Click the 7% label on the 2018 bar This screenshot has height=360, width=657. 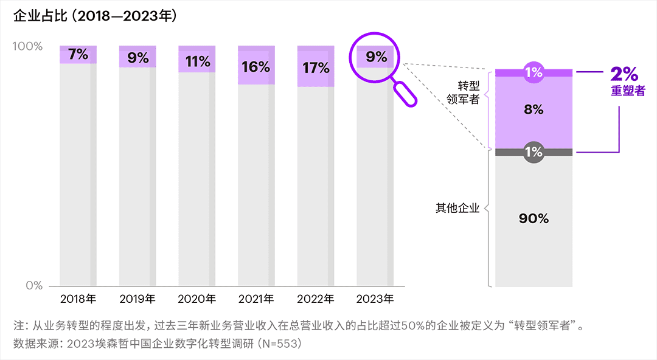click(x=78, y=54)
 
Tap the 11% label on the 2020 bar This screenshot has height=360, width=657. click(x=197, y=61)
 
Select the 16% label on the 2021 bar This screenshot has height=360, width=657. click(x=256, y=67)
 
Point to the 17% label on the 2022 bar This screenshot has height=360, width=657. click(x=316, y=67)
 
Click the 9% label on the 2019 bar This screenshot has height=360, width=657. click(x=138, y=58)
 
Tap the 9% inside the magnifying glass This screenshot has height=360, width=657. click(x=377, y=57)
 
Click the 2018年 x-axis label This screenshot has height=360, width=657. click(x=78, y=299)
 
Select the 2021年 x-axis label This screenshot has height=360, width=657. click(x=256, y=299)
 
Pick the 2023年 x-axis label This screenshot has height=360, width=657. click(x=375, y=299)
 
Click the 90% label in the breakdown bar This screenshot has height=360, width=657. click(x=534, y=219)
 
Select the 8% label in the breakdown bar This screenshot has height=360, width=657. click(x=534, y=110)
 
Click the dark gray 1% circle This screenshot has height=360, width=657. click(x=534, y=152)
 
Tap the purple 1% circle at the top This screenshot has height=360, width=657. click(x=534, y=73)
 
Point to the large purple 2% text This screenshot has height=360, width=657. click(x=624, y=74)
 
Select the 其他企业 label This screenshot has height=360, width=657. click(x=457, y=208)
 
